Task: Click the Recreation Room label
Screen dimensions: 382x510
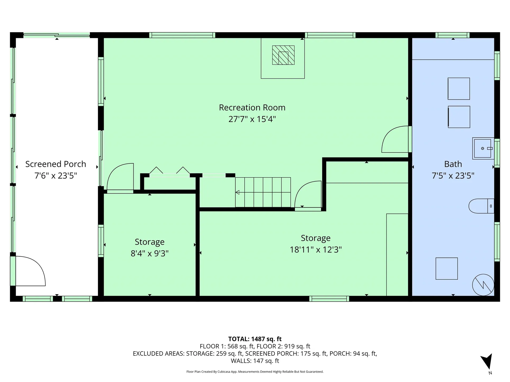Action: click(252, 107)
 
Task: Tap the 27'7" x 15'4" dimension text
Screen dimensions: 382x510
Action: click(252, 119)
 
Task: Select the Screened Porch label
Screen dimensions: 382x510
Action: click(56, 164)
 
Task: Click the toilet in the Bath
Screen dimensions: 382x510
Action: click(481, 206)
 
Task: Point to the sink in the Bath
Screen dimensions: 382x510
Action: click(482, 148)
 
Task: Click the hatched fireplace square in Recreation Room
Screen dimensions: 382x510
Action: click(283, 55)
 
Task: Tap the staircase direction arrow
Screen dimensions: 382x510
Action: click(237, 192)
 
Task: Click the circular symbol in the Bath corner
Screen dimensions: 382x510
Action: click(483, 285)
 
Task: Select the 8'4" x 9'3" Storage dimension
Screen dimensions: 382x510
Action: click(150, 254)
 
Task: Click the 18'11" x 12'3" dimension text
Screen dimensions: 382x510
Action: click(316, 250)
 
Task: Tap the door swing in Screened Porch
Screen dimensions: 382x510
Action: click(31, 271)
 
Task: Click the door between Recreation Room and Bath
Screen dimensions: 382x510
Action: click(395, 140)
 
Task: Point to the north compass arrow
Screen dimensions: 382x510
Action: click(487, 362)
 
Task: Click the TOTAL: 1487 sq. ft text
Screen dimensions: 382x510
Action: click(255, 339)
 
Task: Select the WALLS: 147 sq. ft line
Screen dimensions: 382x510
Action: click(255, 361)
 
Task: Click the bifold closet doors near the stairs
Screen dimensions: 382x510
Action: click(169, 172)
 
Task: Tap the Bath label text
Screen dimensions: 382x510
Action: click(453, 164)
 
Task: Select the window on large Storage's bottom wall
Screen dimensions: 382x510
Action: click(329, 299)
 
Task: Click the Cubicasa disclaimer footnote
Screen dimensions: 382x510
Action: click(255, 372)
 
